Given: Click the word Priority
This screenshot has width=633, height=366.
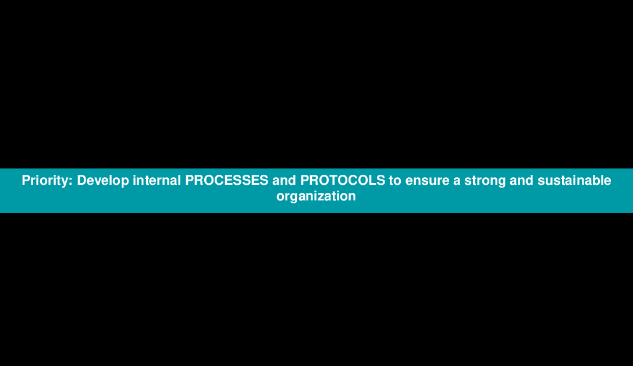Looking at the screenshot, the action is [45, 181].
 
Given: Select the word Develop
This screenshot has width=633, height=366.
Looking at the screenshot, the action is [103, 181].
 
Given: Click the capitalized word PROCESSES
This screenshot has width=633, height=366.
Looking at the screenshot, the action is [226, 180].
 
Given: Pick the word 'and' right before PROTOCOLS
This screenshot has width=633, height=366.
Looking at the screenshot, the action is [284, 180].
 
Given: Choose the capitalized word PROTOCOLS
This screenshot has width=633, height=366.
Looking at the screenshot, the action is [343, 180].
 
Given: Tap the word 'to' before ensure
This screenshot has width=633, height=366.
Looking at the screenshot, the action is [395, 181].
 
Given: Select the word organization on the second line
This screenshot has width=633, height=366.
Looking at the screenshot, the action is [316, 196].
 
